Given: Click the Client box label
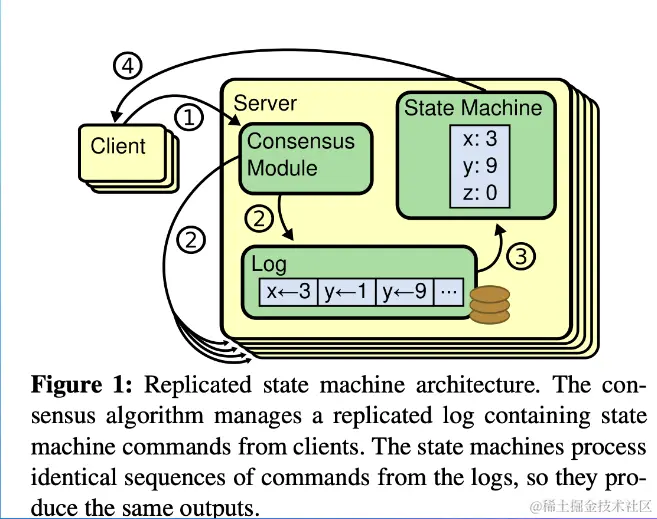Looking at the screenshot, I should pos(118,146).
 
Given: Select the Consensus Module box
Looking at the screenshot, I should pos(300,155).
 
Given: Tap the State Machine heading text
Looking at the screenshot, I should pos(473,107).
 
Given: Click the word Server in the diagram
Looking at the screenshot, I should pos(265,103).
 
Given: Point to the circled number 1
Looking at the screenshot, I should pos(189,118).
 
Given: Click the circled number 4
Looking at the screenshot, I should pos(126,67).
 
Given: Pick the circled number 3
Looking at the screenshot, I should pos(519,256).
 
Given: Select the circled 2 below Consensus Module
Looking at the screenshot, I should pos(258,216).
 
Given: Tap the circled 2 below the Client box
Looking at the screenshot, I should pos(190,239).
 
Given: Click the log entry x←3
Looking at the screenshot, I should pos(289,292).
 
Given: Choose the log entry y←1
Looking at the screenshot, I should pos(346,292).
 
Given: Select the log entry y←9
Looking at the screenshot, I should pos(404,292).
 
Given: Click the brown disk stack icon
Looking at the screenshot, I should pos(489,303).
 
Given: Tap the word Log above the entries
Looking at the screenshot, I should pos(269,264).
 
